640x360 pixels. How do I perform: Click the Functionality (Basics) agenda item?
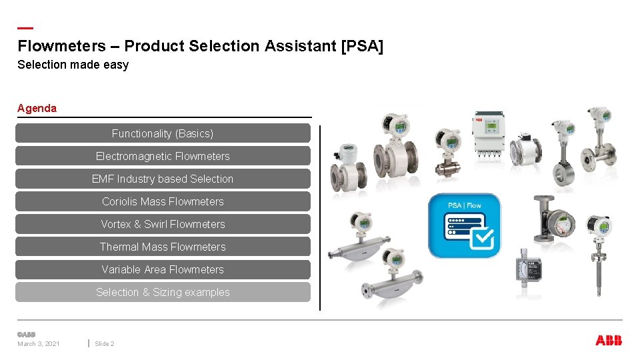tap(163, 133)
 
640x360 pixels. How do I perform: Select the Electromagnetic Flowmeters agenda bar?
tap(163, 156)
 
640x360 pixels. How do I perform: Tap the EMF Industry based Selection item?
tap(163, 179)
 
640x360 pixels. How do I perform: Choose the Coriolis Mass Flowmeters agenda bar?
tap(163, 201)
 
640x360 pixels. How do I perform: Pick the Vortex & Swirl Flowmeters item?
tap(163, 224)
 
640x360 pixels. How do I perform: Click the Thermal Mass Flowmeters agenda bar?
tap(163, 247)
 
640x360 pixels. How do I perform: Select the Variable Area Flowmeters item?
tap(163, 269)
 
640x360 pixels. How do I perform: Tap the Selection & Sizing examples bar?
tap(163, 292)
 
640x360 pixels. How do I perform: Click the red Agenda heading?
tap(37, 108)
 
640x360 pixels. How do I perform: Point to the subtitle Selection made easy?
tap(73, 65)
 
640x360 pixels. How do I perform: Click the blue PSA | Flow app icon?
tap(464, 226)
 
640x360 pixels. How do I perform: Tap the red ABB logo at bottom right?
tap(608, 341)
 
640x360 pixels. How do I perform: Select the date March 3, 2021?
tap(39, 344)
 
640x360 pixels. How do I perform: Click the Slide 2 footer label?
tap(105, 344)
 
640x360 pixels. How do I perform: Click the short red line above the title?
tap(25, 28)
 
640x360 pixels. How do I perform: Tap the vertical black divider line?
tap(320, 217)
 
